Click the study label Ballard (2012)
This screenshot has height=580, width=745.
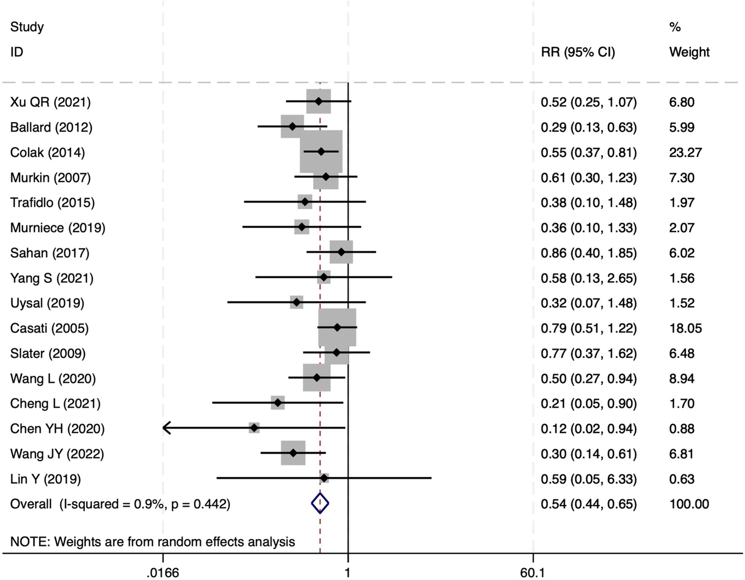pos(51,127)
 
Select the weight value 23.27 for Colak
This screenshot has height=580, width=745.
pos(685,152)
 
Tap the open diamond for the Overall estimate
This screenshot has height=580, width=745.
pos(320,503)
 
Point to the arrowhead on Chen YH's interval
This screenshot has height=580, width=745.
pos(166,428)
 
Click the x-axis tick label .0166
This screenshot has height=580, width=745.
pos(163,573)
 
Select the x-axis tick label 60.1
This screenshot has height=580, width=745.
pos(532,573)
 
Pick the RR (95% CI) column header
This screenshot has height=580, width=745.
pos(578,52)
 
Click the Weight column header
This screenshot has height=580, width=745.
pos(689,52)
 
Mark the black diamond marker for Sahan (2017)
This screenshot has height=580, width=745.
pos(341,252)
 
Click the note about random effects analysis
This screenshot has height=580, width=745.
pos(152,542)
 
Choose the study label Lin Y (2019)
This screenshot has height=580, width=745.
pos(46,479)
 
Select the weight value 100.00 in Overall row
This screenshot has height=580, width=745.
pos(689,504)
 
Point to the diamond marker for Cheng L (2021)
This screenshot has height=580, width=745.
pos(278,403)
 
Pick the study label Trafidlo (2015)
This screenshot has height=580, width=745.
pos(52,202)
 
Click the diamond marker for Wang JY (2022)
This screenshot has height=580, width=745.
pos(293,453)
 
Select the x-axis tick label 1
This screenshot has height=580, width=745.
pos(348,573)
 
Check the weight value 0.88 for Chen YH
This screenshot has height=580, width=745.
pos(681,429)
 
